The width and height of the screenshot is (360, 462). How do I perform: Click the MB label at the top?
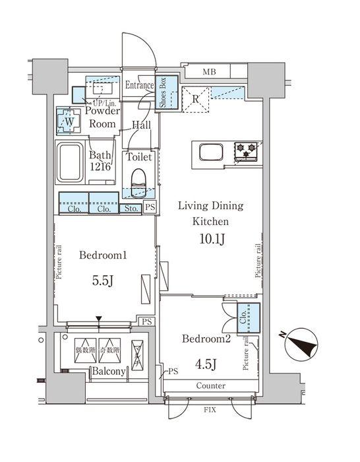point(209,71)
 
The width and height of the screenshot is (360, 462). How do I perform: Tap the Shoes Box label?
point(162,93)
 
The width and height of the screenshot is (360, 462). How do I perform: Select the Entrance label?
point(139,85)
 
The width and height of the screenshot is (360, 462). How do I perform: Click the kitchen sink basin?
point(209,153)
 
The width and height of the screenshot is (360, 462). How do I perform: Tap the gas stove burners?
point(246,152)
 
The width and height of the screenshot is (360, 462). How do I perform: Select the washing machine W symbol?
point(69,121)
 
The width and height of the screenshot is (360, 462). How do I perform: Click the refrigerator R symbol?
point(195,100)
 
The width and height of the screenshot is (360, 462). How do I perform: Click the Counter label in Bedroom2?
point(210,385)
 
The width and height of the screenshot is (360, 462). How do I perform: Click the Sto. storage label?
point(131,209)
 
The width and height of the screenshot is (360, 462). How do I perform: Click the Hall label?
point(141,125)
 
